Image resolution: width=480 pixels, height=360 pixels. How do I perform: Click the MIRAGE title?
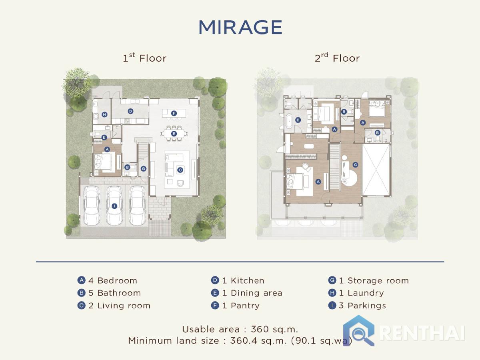click(x=240, y=27)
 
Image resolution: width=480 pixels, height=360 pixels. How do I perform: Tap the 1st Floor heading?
click(x=144, y=58)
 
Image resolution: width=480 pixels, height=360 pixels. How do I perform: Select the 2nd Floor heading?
click(x=337, y=58)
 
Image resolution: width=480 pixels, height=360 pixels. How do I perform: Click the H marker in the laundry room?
click(x=104, y=114)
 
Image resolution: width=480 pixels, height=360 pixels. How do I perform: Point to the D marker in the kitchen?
click(x=130, y=111)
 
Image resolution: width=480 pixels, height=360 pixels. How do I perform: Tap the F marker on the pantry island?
click(x=174, y=113)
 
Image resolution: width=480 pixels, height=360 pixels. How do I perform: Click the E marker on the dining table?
click(x=174, y=134)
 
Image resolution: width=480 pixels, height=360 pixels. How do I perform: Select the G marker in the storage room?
click(x=144, y=168)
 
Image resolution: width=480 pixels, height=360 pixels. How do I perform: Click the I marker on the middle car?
click(x=114, y=206)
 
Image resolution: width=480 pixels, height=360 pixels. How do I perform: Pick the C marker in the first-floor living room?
click(x=180, y=170)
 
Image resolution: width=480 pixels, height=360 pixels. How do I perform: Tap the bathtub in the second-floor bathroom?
click(x=289, y=121)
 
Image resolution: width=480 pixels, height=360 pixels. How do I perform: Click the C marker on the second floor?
click(x=355, y=164)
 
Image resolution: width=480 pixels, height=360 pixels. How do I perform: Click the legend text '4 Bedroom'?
click(x=113, y=280)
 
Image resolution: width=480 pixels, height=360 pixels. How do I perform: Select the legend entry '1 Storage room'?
click(x=374, y=280)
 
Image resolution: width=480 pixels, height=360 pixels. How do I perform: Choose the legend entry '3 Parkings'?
click(x=362, y=306)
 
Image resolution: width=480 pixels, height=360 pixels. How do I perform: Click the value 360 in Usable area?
click(x=260, y=329)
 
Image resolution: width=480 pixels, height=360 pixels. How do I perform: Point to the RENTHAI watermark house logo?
click(x=359, y=330)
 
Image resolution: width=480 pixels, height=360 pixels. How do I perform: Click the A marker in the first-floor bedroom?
click(x=107, y=149)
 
